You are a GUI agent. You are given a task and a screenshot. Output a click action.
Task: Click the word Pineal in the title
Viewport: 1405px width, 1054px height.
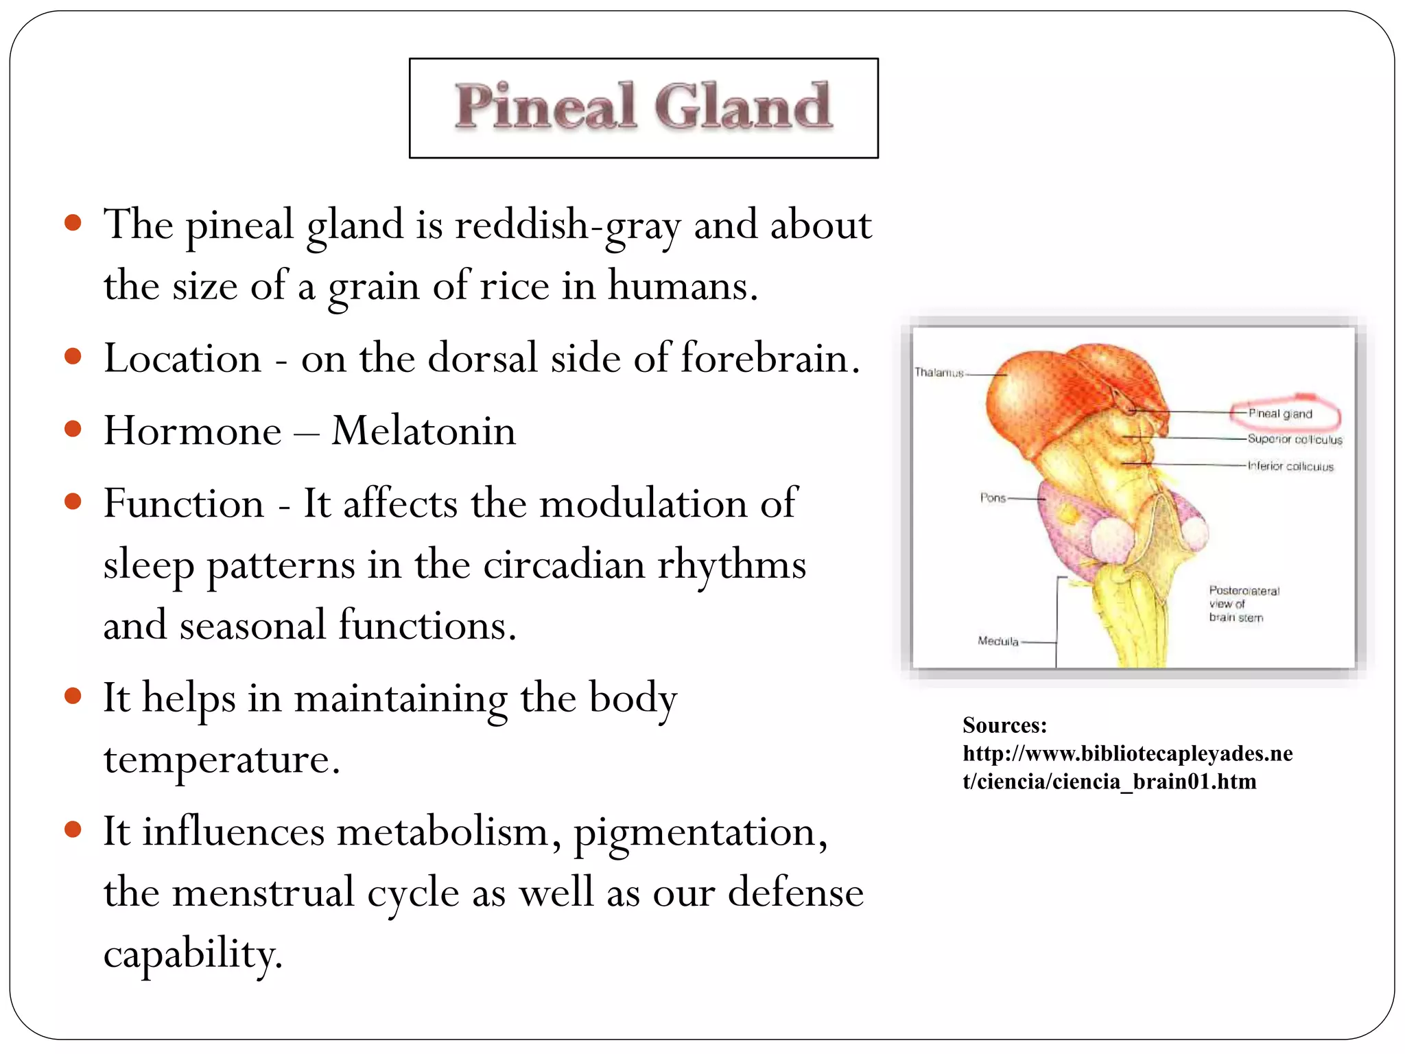545,108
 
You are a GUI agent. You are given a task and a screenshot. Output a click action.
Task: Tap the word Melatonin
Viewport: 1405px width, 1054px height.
423,431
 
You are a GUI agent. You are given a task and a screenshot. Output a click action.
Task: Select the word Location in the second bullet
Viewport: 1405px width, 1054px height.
182,358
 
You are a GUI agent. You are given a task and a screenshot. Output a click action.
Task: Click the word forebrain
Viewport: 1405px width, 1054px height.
770,358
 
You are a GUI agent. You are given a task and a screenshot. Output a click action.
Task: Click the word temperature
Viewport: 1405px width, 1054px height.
221,760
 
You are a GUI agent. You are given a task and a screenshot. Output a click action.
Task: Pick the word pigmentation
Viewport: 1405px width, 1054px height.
700,832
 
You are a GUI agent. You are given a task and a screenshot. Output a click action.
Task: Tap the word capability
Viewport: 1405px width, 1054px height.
192,954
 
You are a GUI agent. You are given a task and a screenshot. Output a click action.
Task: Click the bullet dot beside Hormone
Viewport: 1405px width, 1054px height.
73,430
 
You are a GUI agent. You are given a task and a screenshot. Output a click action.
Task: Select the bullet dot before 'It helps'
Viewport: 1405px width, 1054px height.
73,696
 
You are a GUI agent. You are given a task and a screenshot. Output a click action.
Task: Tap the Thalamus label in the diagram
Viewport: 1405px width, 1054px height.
938,373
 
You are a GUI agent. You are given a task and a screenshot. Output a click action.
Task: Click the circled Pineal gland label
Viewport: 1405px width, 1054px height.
1280,414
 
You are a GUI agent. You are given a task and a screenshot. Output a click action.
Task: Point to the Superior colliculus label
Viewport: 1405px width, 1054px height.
1295,439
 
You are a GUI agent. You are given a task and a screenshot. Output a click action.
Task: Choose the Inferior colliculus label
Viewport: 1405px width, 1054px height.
1290,467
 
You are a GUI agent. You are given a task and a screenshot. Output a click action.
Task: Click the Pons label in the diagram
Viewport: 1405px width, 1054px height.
993,497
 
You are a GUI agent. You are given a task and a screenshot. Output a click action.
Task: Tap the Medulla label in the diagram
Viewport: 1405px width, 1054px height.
997,641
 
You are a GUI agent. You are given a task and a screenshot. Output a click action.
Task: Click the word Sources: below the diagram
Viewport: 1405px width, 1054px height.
1004,725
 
